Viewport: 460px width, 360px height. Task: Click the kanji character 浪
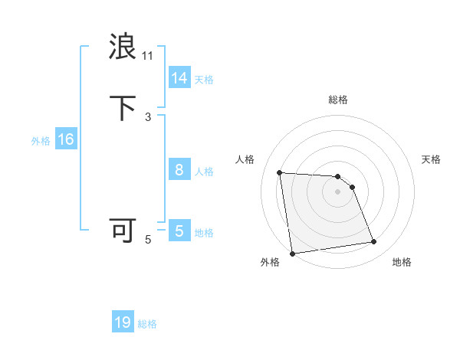pos(123,47)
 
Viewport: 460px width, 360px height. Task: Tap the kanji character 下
pos(123,108)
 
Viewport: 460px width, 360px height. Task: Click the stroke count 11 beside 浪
pos(148,55)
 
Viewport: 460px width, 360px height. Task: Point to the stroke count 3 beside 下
pos(148,116)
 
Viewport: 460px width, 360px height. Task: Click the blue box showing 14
pos(179,78)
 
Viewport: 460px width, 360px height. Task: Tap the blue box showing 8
pos(179,170)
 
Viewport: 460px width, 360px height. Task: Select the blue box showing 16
pos(65,139)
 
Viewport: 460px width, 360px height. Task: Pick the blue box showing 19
pos(123,322)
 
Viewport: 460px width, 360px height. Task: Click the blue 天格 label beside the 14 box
pos(204,80)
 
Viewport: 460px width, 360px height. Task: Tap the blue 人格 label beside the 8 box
pos(204,172)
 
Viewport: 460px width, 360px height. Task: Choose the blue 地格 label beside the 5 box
pos(204,233)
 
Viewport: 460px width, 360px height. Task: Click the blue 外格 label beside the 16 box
pos(41,141)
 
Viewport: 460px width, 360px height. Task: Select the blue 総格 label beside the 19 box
pos(147,324)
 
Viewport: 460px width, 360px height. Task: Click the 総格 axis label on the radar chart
pos(338,100)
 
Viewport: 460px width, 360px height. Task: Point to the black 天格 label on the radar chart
pos(431,159)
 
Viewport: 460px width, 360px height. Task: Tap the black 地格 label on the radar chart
pos(402,262)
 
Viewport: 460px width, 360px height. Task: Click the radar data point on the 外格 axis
pos(291,253)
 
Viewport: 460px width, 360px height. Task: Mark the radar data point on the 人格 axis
pos(280,172)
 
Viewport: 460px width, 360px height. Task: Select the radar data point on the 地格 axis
pos(374,242)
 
